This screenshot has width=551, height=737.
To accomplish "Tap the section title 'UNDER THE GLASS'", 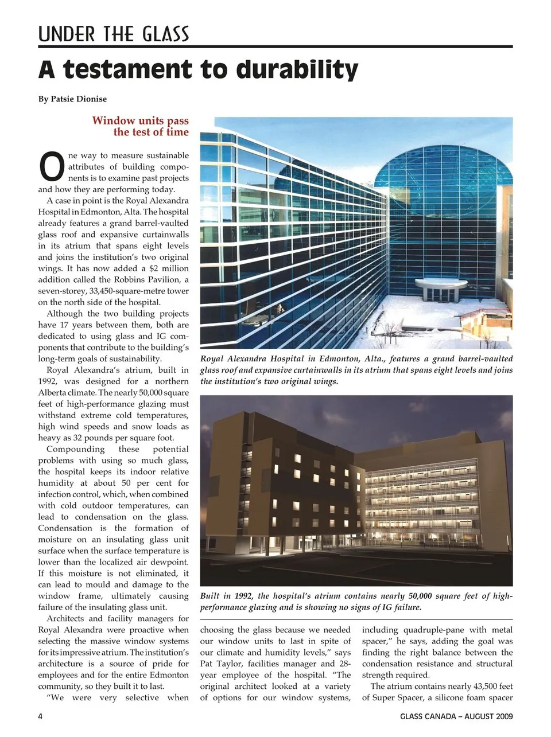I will pyautogui.click(x=114, y=34).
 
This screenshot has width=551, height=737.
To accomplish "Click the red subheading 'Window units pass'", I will pyautogui.click(x=140, y=120).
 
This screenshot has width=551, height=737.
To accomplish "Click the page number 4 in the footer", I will pyautogui.click(x=40, y=716).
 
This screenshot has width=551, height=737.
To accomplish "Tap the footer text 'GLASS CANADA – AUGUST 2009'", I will pyautogui.click(x=456, y=716).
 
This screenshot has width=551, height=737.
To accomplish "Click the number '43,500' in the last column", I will pyautogui.click(x=471, y=687).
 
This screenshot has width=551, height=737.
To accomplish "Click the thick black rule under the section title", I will pyautogui.click(x=275, y=47).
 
